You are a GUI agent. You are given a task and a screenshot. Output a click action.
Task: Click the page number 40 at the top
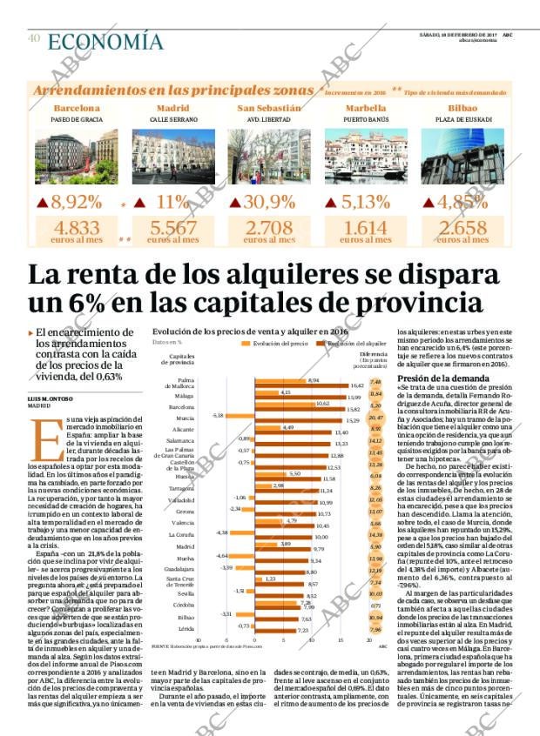click(x=34, y=39)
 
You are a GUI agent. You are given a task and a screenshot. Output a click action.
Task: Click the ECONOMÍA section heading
click(x=105, y=42)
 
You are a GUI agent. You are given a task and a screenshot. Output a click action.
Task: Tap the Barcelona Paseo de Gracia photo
click(x=76, y=157)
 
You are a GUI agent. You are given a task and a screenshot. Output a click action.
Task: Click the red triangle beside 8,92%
click(x=43, y=204)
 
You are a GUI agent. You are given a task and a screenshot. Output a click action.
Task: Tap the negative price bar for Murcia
click(x=240, y=416)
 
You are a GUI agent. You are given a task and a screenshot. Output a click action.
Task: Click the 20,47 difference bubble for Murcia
click(x=375, y=418)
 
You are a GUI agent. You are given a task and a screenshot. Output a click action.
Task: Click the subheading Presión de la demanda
click(x=435, y=379)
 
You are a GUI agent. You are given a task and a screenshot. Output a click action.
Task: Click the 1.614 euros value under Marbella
click(x=361, y=228)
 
